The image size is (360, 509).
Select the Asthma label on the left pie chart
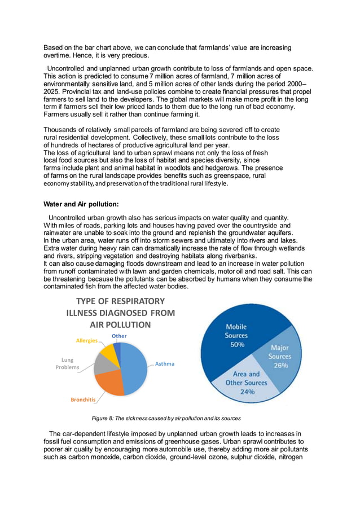pos(164,364)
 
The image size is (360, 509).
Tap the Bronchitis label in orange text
pos(84,400)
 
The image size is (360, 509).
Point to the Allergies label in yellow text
pos(86,340)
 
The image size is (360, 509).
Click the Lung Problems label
pos(67,363)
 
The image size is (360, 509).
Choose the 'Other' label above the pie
pos(119,336)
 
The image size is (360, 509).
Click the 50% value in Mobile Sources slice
pos(236,345)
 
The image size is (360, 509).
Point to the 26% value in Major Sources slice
pos(280,365)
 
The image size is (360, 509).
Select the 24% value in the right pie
pos(247,392)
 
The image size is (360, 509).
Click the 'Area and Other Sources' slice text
pos(247,378)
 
